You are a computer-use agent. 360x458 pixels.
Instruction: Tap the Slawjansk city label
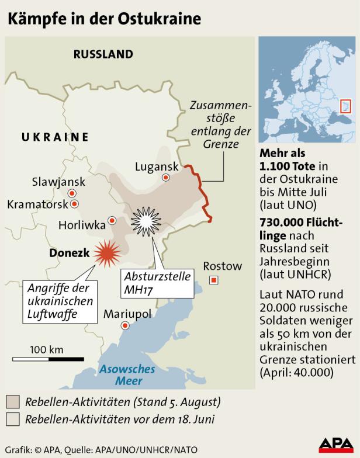coord(59,182)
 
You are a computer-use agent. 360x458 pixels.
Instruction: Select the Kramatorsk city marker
coord(74,204)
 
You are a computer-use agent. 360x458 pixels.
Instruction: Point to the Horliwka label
coord(82,224)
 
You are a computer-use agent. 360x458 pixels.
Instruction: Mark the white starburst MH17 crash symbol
coord(146,221)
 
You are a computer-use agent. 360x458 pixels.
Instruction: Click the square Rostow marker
coord(214,280)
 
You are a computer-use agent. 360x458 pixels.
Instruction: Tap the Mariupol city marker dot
coord(124,326)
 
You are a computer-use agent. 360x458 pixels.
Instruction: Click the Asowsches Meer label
coord(127,374)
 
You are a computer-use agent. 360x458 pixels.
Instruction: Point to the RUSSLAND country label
coord(103,54)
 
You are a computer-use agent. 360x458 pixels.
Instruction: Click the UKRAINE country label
coord(55,137)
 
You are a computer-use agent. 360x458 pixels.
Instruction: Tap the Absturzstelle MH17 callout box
coord(157,282)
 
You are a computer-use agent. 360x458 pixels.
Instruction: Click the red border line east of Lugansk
coord(202,190)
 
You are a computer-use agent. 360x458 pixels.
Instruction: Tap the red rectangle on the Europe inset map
coord(345,106)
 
